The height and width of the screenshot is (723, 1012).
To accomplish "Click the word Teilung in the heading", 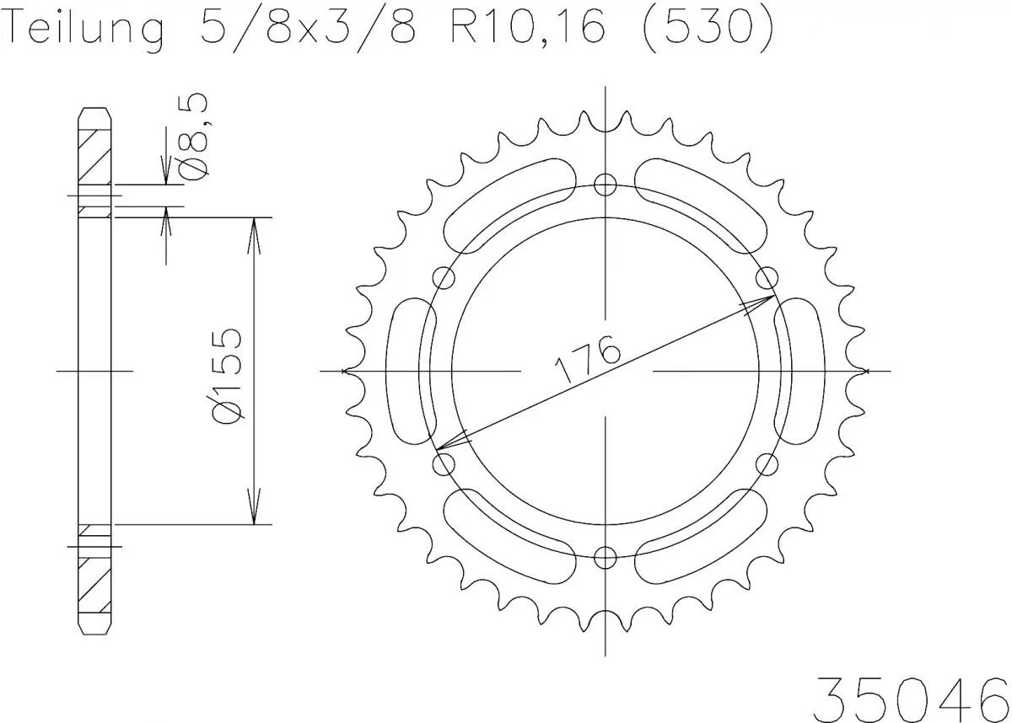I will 84,29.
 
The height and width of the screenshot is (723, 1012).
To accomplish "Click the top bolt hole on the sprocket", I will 606,185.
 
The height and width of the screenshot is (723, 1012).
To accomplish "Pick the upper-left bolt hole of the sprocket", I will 444,278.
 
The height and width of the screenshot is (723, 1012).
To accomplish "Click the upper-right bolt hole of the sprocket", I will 767,278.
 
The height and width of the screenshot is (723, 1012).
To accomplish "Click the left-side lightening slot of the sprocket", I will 411,371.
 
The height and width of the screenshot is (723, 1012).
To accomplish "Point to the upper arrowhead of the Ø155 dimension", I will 253,232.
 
